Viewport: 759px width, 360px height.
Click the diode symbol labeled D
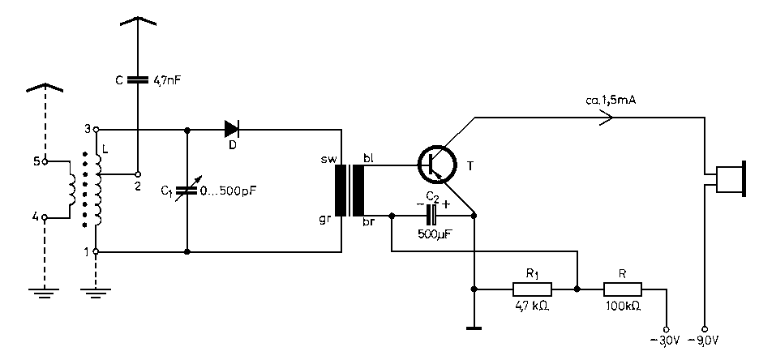232,129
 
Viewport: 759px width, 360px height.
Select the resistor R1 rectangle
532,289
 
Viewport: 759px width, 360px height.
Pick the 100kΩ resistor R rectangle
623,289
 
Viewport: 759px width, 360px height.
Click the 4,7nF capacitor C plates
138,79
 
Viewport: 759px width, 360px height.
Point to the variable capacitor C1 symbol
187,191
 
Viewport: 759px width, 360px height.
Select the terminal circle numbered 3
96,130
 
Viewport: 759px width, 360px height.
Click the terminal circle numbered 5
45,161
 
